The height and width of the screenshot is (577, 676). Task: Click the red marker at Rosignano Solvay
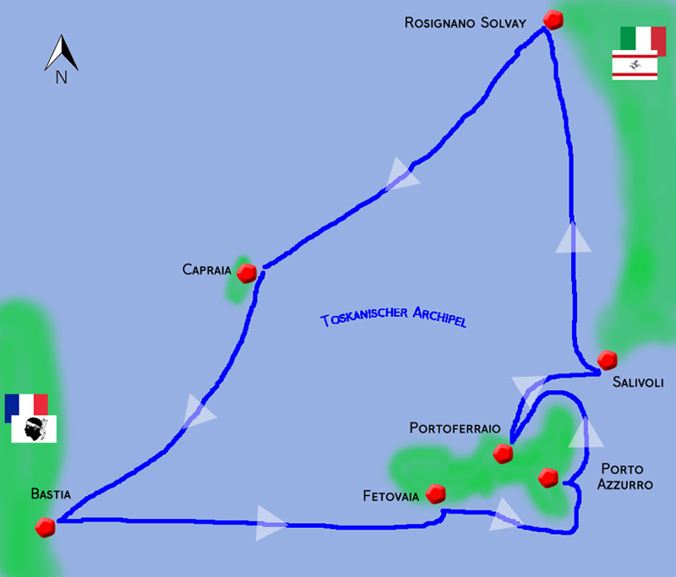tap(553, 19)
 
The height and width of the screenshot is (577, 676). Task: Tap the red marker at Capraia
tap(248, 273)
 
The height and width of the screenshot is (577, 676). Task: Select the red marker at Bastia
tap(46, 527)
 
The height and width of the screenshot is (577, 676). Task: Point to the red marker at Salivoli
tap(606, 361)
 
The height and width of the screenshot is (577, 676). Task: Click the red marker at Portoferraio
tap(504, 454)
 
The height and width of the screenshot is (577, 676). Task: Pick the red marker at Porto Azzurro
tap(548, 477)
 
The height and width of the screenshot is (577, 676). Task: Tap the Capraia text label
tap(205, 270)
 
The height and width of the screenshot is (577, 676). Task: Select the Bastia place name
tap(51, 494)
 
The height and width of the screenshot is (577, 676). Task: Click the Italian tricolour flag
tap(642, 39)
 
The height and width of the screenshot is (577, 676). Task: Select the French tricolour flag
tap(26, 407)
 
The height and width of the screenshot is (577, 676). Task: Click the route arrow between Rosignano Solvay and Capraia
tap(401, 176)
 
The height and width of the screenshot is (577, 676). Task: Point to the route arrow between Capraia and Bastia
tap(199, 411)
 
